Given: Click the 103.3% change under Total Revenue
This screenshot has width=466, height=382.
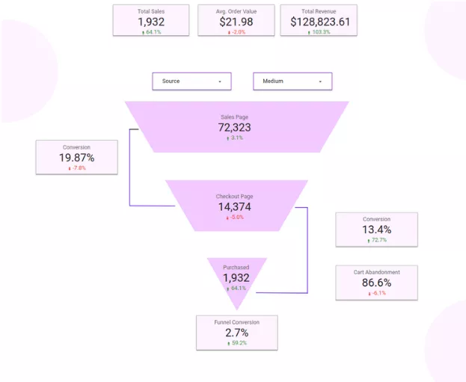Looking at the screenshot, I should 320,32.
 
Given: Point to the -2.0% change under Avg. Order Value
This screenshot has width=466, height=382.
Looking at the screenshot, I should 236,32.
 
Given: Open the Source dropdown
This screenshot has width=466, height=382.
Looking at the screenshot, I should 191,81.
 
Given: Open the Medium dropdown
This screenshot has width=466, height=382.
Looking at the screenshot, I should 292,81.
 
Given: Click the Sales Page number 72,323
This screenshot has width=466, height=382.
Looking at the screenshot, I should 236,128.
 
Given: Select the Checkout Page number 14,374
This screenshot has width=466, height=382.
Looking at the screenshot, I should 236,207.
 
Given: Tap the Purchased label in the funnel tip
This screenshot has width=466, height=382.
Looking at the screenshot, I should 236,267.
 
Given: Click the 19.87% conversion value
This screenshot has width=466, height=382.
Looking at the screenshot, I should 76,158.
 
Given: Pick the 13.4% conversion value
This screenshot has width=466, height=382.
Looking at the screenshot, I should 376,229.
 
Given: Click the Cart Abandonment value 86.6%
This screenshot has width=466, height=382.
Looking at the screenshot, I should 376,283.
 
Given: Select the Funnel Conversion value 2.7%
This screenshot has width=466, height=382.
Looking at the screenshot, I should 237,332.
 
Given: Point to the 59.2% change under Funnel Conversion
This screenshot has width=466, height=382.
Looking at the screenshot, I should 238,342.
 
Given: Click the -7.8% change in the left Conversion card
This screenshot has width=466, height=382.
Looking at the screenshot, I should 78,168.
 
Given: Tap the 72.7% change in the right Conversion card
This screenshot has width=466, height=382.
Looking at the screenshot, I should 378,240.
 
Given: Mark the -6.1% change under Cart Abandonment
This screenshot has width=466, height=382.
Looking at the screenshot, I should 378,293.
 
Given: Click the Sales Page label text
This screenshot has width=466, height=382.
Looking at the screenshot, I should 236,117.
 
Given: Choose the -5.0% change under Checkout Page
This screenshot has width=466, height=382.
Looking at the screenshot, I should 237,218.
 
